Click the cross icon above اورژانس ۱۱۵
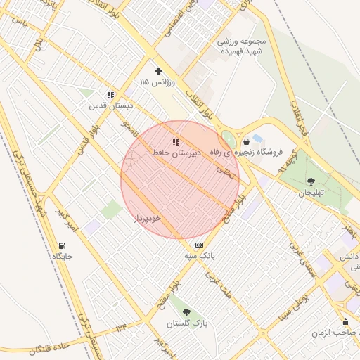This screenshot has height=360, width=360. (158, 71)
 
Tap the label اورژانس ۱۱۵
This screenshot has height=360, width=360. (155, 83)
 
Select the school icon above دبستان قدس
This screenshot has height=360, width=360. (110, 94)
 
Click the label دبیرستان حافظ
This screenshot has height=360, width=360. (179, 152)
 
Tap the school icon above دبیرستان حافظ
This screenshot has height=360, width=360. (176, 141)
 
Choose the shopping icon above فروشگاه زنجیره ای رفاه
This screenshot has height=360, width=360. (245, 141)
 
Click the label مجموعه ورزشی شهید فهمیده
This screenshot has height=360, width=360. (239, 46)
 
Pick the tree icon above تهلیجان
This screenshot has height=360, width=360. (311, 181)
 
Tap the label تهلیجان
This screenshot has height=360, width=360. (311, 193)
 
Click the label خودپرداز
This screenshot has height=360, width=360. (148, 218)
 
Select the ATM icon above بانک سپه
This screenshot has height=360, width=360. (200, 245)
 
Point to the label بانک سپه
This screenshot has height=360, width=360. (200, 256)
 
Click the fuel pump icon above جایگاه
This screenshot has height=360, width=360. (63, 245)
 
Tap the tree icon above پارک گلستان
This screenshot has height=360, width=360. (186, 311)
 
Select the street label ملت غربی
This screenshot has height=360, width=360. (218, 283)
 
